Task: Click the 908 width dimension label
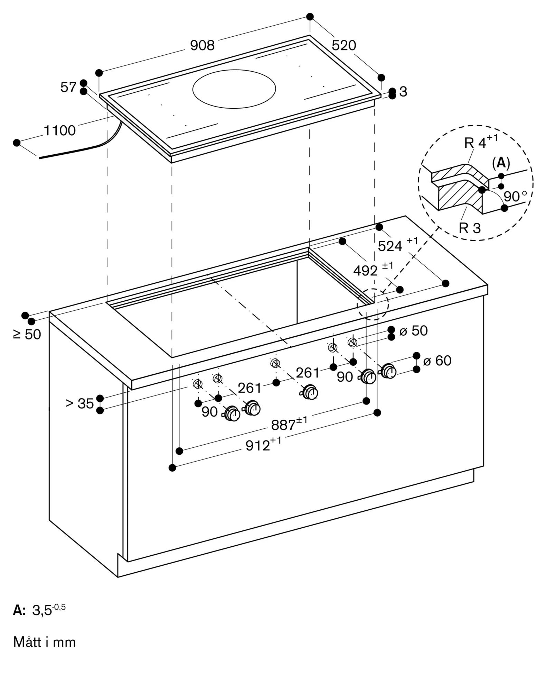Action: pyautogui.click(x=202, y=45)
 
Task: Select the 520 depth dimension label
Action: pyautogui.click(x=343, y=45)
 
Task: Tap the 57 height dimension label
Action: pyautogui.click(x=68, y=88)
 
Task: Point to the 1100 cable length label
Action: pyautogui.click(x=60, y=131)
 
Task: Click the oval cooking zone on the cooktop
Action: pyautogui.click(x=234, y=89)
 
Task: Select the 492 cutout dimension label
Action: pyautogui.click(x=366, y=271)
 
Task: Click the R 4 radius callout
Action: pyautogui.click(x=476, y=143)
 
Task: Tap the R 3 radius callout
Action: pyautogui.click(x=470, y=228)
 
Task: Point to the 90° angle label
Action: pyautogui.click(x=515, y=197)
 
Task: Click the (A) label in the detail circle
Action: pyautogui.click(x=501, y=163)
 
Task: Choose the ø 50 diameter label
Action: pyautogui.click(x=414, y=331)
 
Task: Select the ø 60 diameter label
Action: pyautogui.click(x=437, y=361)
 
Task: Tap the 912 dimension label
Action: pyautogui.click(x=258, y=446)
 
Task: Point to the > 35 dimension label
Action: pyautogui.click(x=80, y=403)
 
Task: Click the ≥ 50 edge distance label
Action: pyautogui.click(x=27, y=335)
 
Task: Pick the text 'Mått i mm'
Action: pyautogui.click(x=45, y=642)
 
